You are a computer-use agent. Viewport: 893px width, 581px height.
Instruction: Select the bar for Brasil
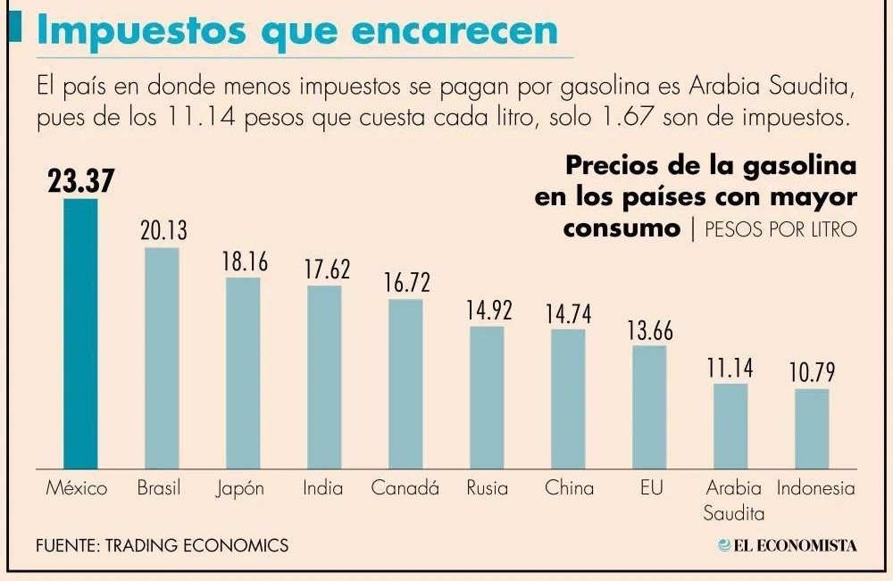162,357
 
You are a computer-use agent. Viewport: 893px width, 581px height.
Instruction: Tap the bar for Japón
243,372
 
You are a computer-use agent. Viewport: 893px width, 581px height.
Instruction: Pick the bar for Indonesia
812,427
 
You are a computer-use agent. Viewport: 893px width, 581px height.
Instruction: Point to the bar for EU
649,406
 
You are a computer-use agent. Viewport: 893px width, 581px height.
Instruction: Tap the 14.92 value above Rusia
487,311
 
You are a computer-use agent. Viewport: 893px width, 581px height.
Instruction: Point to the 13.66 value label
649,329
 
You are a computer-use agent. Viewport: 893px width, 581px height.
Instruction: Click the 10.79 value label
812,372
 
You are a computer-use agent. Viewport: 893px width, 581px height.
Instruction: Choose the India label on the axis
323,488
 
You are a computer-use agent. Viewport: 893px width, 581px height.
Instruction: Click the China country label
569,488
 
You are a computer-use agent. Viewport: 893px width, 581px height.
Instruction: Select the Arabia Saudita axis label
732,501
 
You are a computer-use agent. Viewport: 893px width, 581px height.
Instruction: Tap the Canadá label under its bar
405,488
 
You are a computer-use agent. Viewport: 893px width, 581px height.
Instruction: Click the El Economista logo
787,545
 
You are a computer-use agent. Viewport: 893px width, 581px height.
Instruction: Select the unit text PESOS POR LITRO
780,228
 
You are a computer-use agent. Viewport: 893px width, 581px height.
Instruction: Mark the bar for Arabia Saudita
730,426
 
